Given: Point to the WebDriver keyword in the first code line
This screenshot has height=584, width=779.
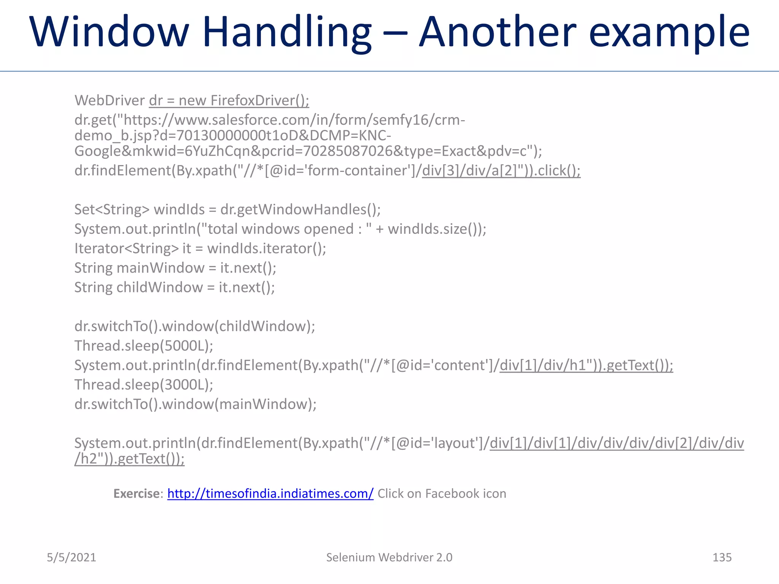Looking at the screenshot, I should (110, 100).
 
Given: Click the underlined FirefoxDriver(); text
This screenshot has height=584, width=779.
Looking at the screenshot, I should (259, 100).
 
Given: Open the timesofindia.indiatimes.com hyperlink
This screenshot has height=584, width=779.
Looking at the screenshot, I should (270, 494).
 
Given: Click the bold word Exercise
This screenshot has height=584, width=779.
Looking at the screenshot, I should (137, 494).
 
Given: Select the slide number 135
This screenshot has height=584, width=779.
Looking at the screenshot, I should (722, 557).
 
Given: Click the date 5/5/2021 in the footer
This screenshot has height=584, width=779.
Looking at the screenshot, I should (72, 557).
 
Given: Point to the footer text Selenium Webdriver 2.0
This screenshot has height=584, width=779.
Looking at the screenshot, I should (389, 557).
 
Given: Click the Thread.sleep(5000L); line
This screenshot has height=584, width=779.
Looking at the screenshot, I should (144, 346).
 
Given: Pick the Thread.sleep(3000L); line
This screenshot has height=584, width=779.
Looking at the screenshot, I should (144, 385).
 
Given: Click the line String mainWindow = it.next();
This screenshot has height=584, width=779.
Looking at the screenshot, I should (175, 268).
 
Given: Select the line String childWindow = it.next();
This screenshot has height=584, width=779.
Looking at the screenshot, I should (175, 287).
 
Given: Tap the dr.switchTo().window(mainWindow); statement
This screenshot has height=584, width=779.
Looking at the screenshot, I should (196, 404).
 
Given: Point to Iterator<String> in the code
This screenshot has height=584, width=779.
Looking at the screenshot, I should (126, 249).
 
